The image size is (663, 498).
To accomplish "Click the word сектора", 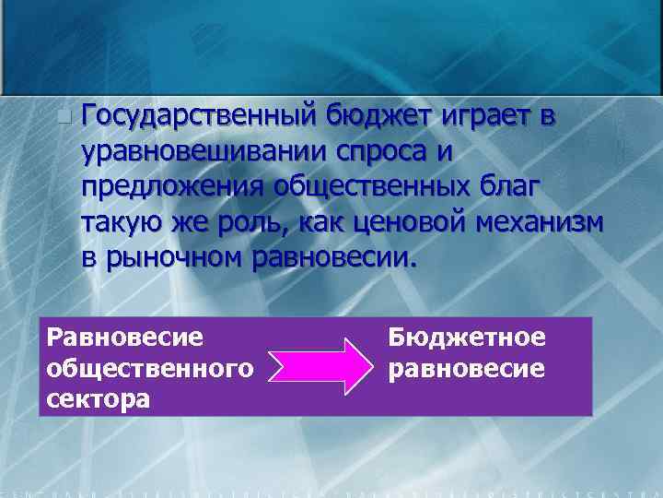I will pos(98,400).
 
